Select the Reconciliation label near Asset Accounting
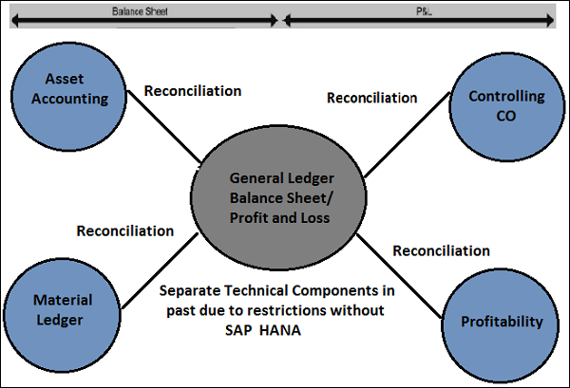click(192, 91)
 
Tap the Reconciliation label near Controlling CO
click(371, 98)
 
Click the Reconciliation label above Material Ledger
click(124, 231)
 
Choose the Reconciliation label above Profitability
click(441, 250)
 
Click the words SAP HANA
click(275, 331)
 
